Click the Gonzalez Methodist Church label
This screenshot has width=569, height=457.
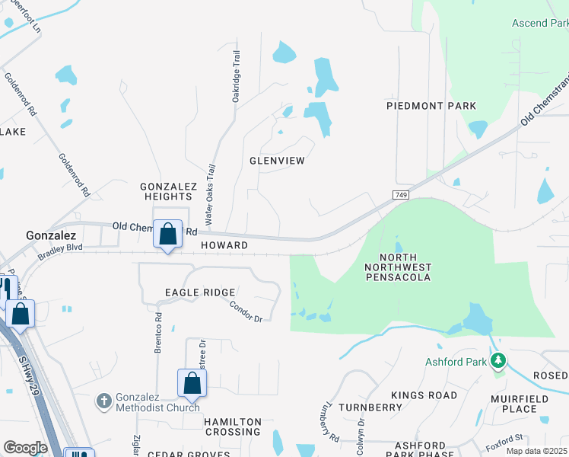click(157, 403)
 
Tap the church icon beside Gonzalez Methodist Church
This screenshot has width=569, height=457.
click(105, 400)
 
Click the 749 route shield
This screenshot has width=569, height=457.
click(401, 196)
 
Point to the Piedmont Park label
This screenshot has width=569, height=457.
click(431, 106)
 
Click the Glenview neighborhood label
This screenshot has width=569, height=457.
click(277, 161)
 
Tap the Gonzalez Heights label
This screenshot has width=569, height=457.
click(169, 191)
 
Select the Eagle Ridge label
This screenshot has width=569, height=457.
click(200, 292)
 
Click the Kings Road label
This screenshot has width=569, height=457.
click(424, 395)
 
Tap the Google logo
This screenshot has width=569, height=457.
click(25, 448)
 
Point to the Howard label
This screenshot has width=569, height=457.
click(224, 245)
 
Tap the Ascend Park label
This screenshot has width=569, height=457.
click(540, 24)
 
